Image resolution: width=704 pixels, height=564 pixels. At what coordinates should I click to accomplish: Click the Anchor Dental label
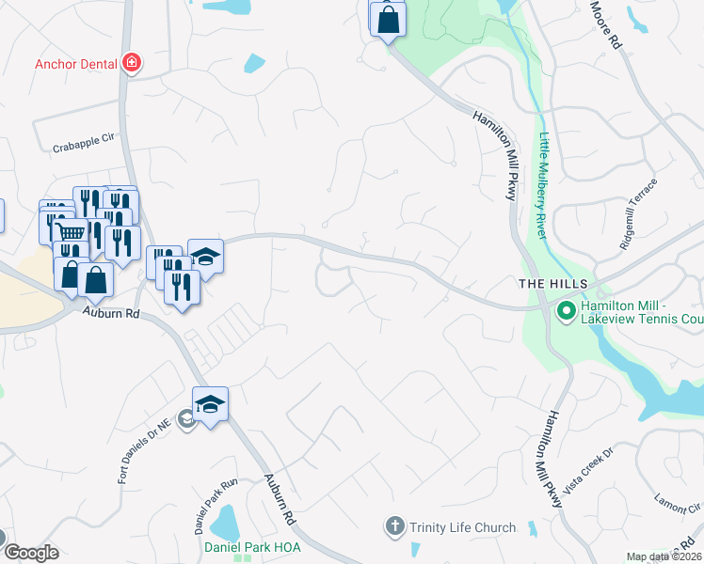[76, 65]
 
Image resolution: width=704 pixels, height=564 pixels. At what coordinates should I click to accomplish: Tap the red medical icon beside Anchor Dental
[132, 64]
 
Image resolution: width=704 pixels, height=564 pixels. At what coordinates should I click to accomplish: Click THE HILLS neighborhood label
[553, 284]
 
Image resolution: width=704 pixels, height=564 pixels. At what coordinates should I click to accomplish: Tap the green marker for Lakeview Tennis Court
[567, 310]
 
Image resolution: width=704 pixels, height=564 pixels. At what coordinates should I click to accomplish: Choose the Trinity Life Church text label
[463, 527]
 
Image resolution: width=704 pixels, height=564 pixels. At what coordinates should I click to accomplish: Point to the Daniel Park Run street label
[217, 491]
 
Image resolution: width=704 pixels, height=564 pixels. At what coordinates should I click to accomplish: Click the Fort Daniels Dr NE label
[143, 452]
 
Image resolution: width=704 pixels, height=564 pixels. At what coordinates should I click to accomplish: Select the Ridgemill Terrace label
[636, 212]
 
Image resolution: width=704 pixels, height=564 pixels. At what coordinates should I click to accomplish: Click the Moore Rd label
[607, 25]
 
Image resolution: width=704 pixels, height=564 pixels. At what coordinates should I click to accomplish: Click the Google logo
[31, 554]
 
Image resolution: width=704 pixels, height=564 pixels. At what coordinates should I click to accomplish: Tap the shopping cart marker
[71, 231]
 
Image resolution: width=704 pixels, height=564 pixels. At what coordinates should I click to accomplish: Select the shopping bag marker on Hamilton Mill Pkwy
[388, 18]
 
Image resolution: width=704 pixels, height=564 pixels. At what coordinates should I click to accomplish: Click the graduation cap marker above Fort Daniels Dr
[211, 404]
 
